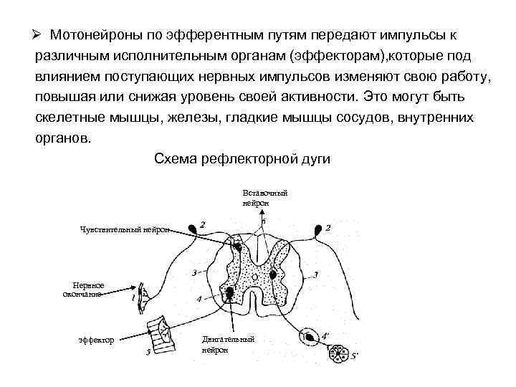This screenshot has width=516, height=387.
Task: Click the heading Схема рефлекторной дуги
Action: [x=242, y=159]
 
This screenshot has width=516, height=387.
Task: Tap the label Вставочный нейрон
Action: [x=265, y=198]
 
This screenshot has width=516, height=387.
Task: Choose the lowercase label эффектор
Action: [x=96, y=340]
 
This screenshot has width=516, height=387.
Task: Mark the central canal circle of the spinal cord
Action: [x=274, y=274]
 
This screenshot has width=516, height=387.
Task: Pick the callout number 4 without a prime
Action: [x=199, y=298]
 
